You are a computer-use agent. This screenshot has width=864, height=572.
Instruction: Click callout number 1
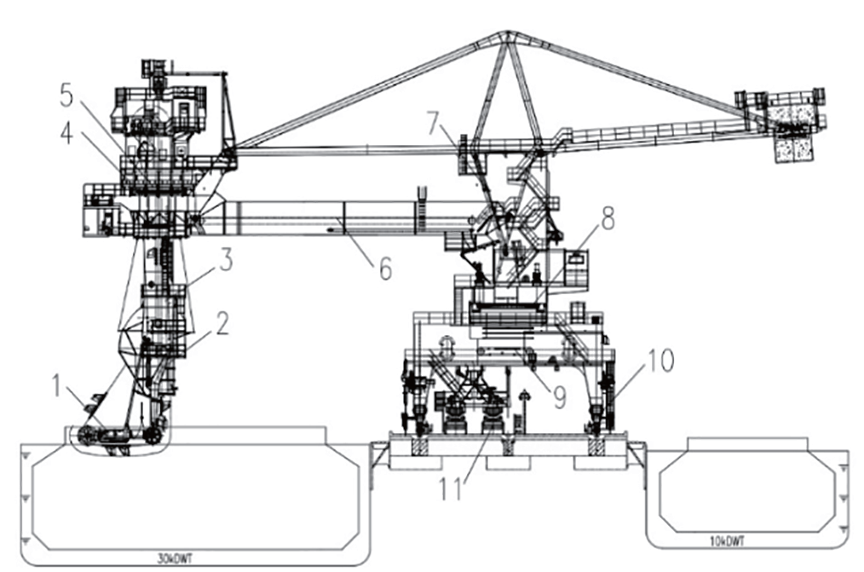[x=56, y=385]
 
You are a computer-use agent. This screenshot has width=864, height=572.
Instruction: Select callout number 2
[x=222, y=323]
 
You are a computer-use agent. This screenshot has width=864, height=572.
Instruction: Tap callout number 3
[x=226, y=259]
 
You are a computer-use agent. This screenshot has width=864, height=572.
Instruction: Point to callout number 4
[x=66, y=133]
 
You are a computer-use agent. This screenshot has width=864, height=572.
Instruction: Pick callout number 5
[x=66, y=95]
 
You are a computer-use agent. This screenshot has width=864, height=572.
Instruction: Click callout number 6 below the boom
[x=385, y=269]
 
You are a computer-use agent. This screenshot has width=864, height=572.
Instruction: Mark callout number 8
[x=608, y=218]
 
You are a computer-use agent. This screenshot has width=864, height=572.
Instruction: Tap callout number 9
[x=559, y=396]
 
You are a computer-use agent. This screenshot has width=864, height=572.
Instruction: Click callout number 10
[x=660, y=361]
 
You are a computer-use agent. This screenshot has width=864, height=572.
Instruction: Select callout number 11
[x=450, y=488]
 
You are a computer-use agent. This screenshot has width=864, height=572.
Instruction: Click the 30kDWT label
[x=176, y=559]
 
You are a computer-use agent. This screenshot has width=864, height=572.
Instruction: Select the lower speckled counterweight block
[x=793, y=149]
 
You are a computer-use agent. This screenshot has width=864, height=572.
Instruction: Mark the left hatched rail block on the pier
[x=420, y=446]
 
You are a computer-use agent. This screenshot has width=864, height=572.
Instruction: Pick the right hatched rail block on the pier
[x=596, y=446]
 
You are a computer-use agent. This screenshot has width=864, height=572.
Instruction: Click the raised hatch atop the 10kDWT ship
[x=747, y=443]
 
